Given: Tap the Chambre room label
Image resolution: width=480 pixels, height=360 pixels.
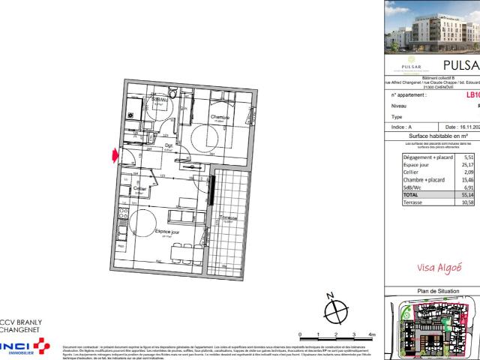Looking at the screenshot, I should click(x=219, y=118).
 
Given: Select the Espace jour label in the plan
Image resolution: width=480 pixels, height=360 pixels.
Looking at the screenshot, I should click(x=166, y=232).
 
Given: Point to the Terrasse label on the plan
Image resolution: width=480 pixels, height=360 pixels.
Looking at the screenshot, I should click(x=228, y=219).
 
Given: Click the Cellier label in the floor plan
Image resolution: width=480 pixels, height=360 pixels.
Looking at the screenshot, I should click(x=139, y=189).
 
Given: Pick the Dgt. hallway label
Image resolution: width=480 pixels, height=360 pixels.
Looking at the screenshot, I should click(x=169, y=145).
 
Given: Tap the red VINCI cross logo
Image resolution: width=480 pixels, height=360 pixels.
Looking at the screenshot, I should click(x=38, y=345).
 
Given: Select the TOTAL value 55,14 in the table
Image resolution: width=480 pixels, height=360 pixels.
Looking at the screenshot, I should click(x=469, y=193).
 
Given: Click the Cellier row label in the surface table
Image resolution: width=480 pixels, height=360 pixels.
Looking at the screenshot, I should click(x=414, y=172).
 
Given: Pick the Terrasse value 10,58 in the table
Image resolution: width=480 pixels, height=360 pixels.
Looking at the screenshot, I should click(x=469, y=202).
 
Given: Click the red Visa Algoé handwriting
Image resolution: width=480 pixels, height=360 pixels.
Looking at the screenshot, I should click(x=438, y=266).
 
